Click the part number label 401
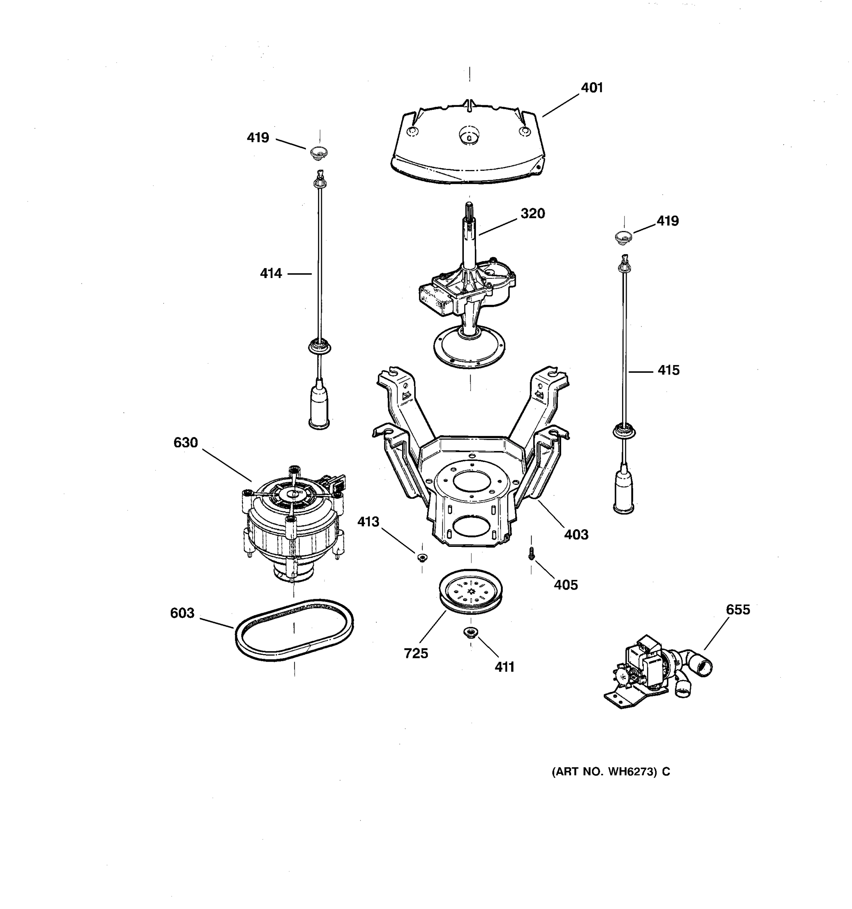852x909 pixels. pyautogui.click(x=591, y=88)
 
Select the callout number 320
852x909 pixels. pyautogui.click(x=532, y=214)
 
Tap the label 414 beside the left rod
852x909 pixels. pyautogui.click(x=271, y=273)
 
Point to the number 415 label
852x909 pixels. pyautogui.click(x=668, y=370)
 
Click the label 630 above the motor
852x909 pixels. pyautogui.click(x=186, y=443)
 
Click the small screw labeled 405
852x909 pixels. pyautogui.click(x=531, y=554)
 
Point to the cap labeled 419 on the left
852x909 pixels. pyautogui.click(x=319, y=152)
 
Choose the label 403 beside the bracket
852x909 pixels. pyautogui.click(x=576, y=534)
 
